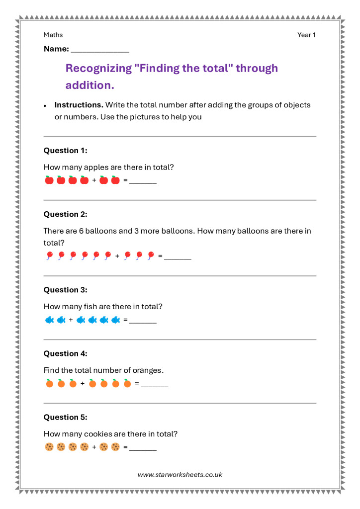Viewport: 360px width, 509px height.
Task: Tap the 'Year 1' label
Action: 306,35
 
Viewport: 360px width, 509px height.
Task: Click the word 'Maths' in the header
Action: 53,35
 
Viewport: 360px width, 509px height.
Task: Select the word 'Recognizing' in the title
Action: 98,68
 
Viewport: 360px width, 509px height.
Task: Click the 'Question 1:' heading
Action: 65,151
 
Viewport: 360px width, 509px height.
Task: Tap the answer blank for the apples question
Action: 143,182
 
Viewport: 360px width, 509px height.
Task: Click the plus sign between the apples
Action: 94,180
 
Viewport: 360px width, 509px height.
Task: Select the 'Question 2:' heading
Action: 65,214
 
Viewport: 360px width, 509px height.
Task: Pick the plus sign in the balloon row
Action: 117,256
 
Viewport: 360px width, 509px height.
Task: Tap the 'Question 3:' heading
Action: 65,290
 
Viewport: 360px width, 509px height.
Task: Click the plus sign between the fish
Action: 71,320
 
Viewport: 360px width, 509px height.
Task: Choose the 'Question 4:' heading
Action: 65,353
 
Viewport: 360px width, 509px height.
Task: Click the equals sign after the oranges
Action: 137,384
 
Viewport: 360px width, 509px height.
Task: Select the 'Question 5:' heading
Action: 65,417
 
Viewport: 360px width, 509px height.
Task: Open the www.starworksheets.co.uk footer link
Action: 180,475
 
